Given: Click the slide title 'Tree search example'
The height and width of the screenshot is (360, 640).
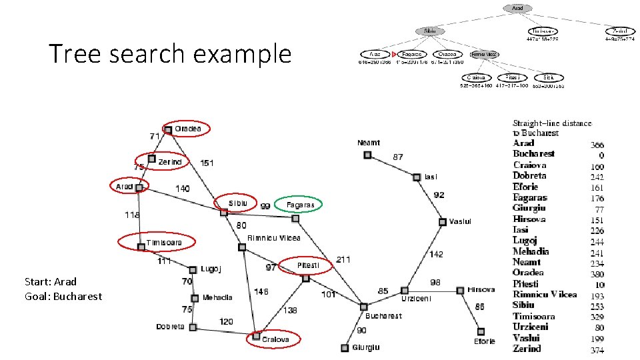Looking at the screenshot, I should (170, 53).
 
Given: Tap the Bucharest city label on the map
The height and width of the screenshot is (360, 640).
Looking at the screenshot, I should (383, 315).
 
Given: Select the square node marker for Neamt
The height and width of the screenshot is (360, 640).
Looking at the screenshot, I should (367, 155).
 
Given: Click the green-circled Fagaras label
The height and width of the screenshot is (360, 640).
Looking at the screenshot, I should (300, 205).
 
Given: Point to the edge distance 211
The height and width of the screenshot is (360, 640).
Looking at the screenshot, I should (343, 259).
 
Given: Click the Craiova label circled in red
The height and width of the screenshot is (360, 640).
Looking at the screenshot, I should (275, 339).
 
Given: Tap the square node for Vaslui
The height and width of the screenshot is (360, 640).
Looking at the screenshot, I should (442, 221).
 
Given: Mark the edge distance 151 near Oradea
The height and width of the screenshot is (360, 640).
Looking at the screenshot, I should (207, 162).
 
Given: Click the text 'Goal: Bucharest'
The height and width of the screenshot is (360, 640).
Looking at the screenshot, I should (63, 296).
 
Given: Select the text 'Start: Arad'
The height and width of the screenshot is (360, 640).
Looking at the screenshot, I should (51, 281).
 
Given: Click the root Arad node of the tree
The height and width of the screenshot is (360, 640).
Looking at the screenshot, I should (518, 9).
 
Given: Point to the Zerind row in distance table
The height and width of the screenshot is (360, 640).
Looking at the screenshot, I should (527, 348).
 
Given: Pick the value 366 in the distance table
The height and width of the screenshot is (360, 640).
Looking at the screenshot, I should (597, 145).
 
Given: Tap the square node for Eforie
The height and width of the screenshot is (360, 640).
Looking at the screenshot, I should (480, 331).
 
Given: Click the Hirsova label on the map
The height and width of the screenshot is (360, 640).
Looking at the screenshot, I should (481, 289).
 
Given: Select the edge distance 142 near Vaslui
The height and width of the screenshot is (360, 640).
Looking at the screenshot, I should (435, 254).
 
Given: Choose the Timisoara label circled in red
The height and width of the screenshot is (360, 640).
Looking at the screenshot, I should (164, 243).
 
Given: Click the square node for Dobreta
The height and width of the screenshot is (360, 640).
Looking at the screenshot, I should (192, 327).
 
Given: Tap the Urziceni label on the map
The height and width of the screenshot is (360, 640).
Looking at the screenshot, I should (416, 299).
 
